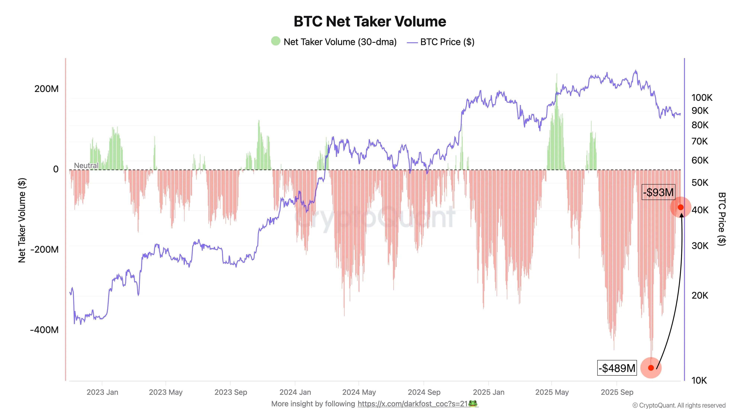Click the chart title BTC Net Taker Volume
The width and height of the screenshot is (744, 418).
[370, 22]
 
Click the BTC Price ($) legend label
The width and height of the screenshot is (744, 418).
[447, 42]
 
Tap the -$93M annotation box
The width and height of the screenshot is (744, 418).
[658, 192]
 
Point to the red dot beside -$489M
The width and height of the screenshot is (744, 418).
[651, 368]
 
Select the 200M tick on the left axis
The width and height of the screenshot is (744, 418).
[46, 89]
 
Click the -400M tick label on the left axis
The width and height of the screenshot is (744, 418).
[44, 330]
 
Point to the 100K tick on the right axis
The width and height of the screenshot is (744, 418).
[702, 98]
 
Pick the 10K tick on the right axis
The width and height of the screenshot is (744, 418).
[699, 380]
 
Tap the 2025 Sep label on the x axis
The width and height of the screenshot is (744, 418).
[617, 392]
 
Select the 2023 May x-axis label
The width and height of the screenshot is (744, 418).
[166, 392]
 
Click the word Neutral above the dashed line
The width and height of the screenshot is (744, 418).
[86, 166]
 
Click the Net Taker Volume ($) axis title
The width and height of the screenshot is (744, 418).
[22, 220]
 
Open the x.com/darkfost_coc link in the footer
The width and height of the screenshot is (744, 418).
[412, 404]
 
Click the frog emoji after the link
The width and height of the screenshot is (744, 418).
[473, 404]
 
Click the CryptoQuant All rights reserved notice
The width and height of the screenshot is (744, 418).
[679, 406]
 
